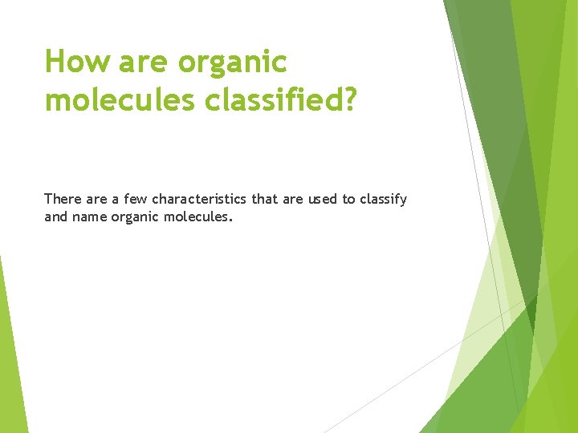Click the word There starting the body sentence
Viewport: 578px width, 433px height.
click(x=63, y=199)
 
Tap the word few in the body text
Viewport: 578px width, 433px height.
click(x=135, y=199)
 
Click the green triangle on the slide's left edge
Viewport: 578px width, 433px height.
click(x=10, y=361)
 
